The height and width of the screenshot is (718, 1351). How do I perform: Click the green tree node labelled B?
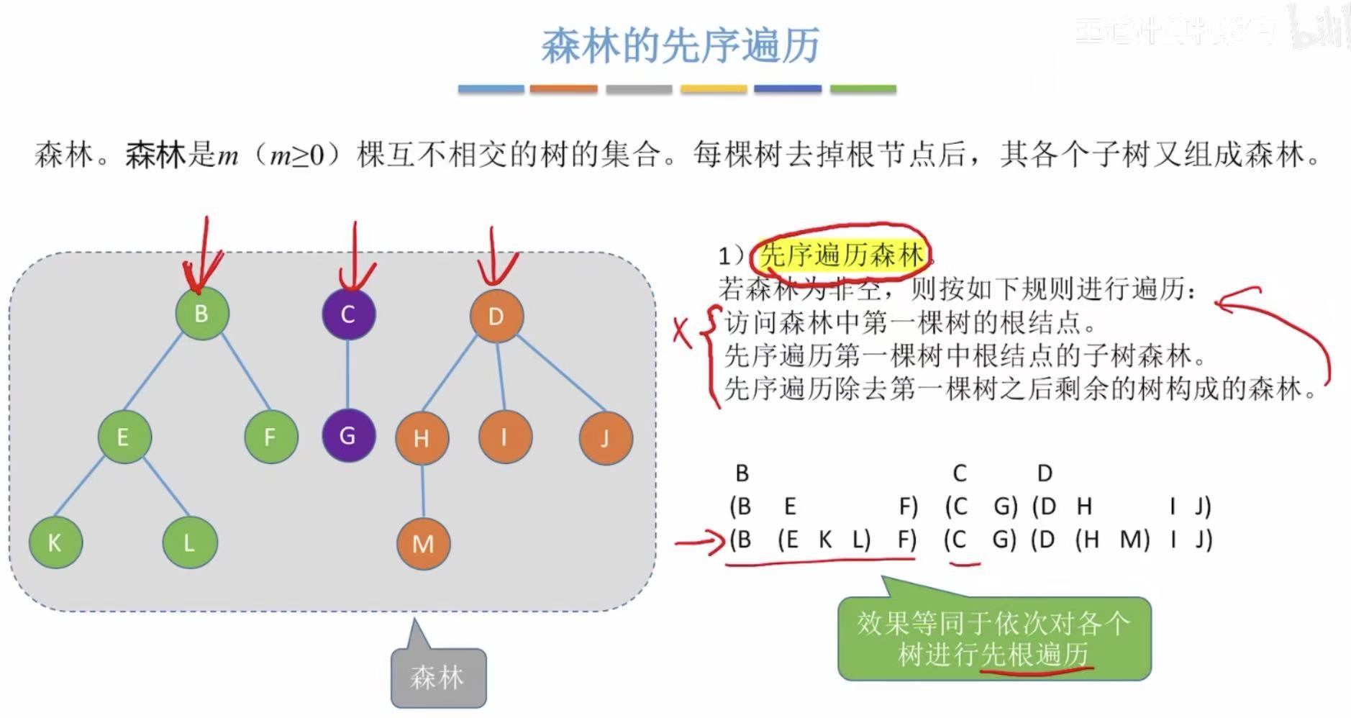click(x=201, y=314)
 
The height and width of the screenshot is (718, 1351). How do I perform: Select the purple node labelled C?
click(x=348, y=314)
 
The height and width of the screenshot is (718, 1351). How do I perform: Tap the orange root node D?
click(x=496, y=316)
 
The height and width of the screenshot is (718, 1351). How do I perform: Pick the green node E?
click(x=124, y=437)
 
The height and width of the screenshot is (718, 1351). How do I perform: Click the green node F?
click(x=270, y=437)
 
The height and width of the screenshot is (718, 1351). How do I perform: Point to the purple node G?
click(x=348, y=435)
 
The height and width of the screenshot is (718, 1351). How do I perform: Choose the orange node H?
click(x=422, y=438)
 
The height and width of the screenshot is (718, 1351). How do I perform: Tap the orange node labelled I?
click(x=505, y=437)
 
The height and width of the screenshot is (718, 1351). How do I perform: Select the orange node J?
click(x=605, y=437)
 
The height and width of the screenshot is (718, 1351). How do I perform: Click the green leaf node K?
click(x=55, y=542)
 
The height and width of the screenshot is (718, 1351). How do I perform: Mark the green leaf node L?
click(x=189, y=542)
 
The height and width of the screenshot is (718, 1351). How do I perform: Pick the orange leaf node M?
click(x=423, y=544)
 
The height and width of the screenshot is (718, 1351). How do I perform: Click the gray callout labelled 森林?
click(x=438, y=677)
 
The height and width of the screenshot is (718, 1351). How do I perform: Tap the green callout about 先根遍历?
click(x=993, y=639)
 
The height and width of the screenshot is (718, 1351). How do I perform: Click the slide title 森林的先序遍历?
click(x=680, y=45)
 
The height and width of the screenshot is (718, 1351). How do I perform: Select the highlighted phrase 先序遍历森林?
click(x=841, y=255)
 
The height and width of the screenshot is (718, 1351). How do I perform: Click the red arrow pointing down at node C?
click(x=354, y=259)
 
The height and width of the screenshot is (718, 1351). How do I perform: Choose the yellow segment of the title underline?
click(x=713, y=89)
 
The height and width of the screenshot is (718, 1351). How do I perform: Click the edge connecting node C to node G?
click(x=348, y=375)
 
